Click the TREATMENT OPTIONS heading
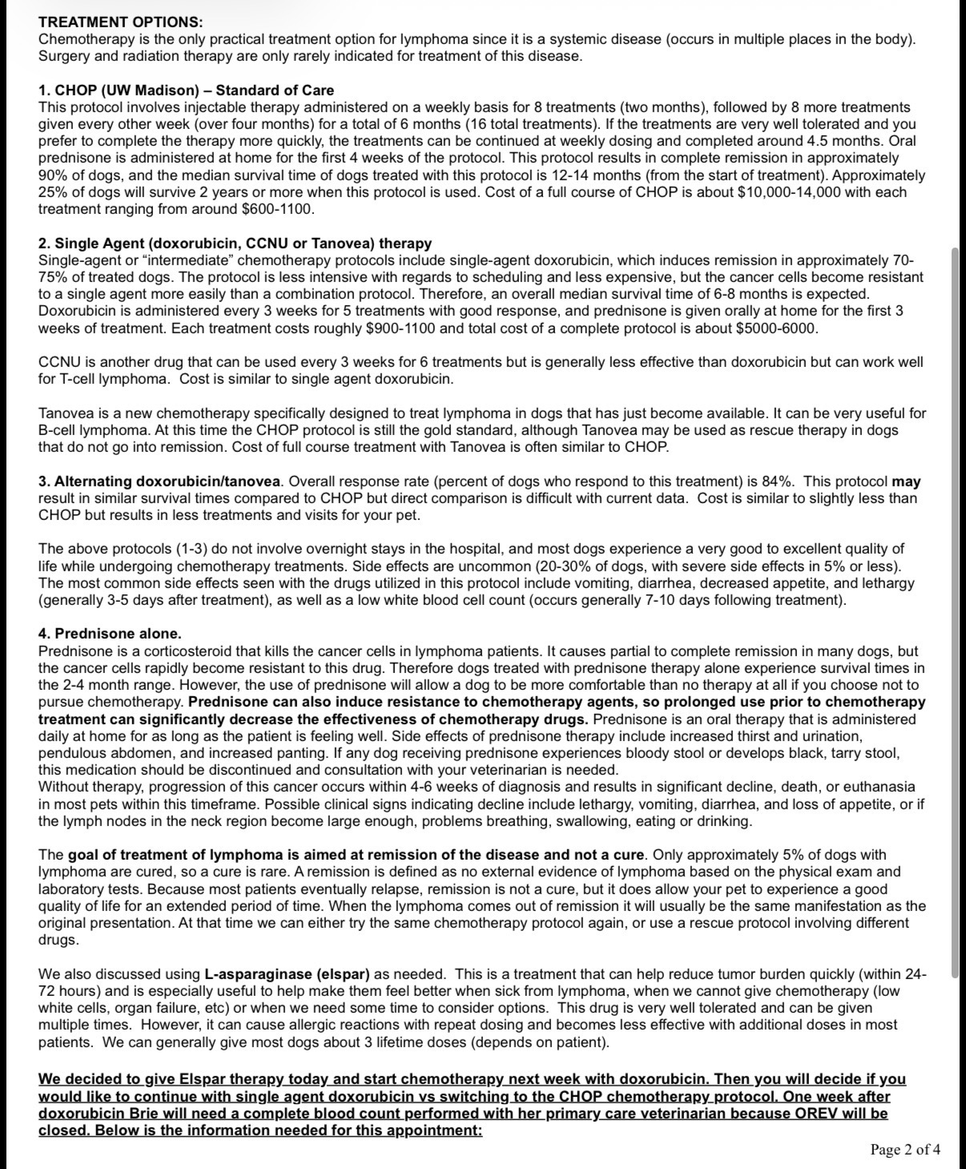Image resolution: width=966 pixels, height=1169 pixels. [x=120, y=22]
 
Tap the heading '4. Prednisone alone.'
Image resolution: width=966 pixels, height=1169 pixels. [x=110, y=634]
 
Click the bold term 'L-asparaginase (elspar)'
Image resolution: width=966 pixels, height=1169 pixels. [x=287, y=974]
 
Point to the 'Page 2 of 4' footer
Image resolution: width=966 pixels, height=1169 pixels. [x=905, y=1150]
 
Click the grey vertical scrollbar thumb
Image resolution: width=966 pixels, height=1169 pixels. [x=954, y=613]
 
